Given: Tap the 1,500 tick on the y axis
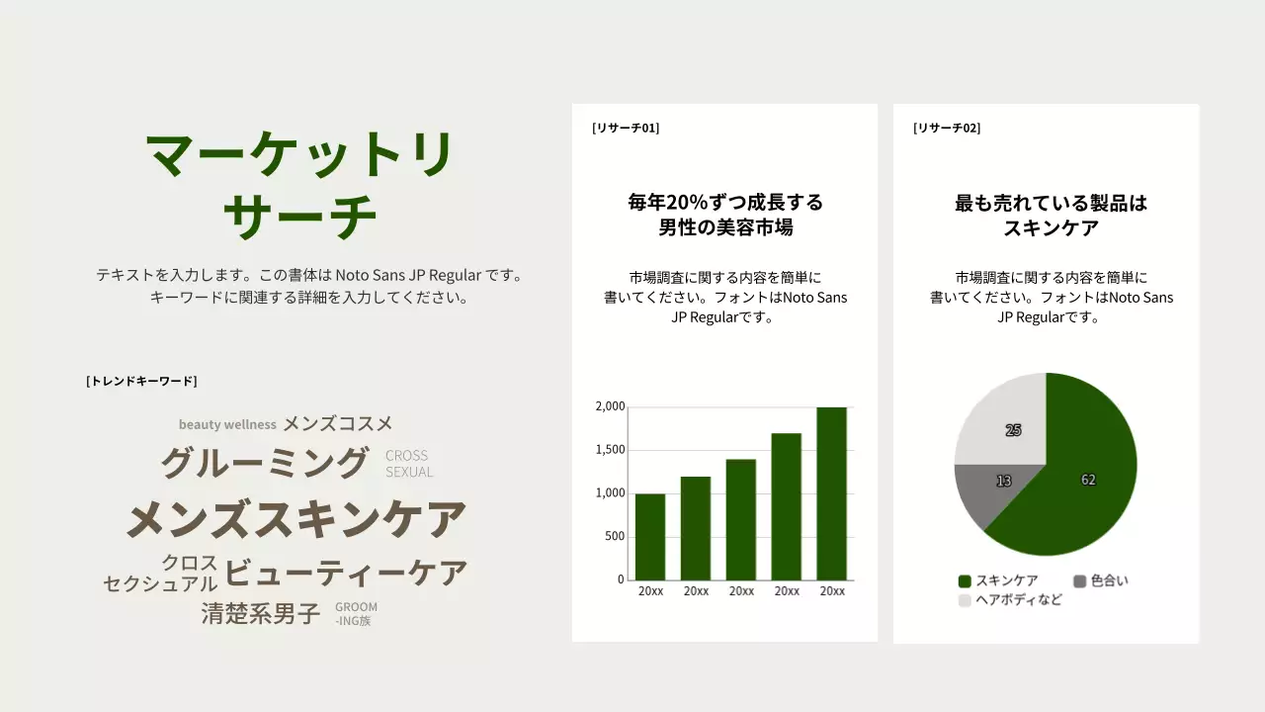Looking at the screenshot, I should [610, 450].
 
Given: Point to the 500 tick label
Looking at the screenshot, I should [614, 536].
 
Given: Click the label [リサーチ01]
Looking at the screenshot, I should [626, 128].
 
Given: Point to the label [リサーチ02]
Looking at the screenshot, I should [947, 128].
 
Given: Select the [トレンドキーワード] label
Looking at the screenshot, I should [141, 381].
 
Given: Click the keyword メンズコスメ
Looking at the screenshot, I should [338, 423].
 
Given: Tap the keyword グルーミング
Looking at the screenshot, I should [265, 463].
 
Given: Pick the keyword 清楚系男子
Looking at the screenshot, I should [261, 614].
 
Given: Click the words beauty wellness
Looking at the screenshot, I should [227, 424].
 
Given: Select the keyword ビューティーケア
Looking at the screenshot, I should [346, 573].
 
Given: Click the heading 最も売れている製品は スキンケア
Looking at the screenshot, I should [1051, 216].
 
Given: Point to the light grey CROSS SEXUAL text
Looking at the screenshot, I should [409, 464].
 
